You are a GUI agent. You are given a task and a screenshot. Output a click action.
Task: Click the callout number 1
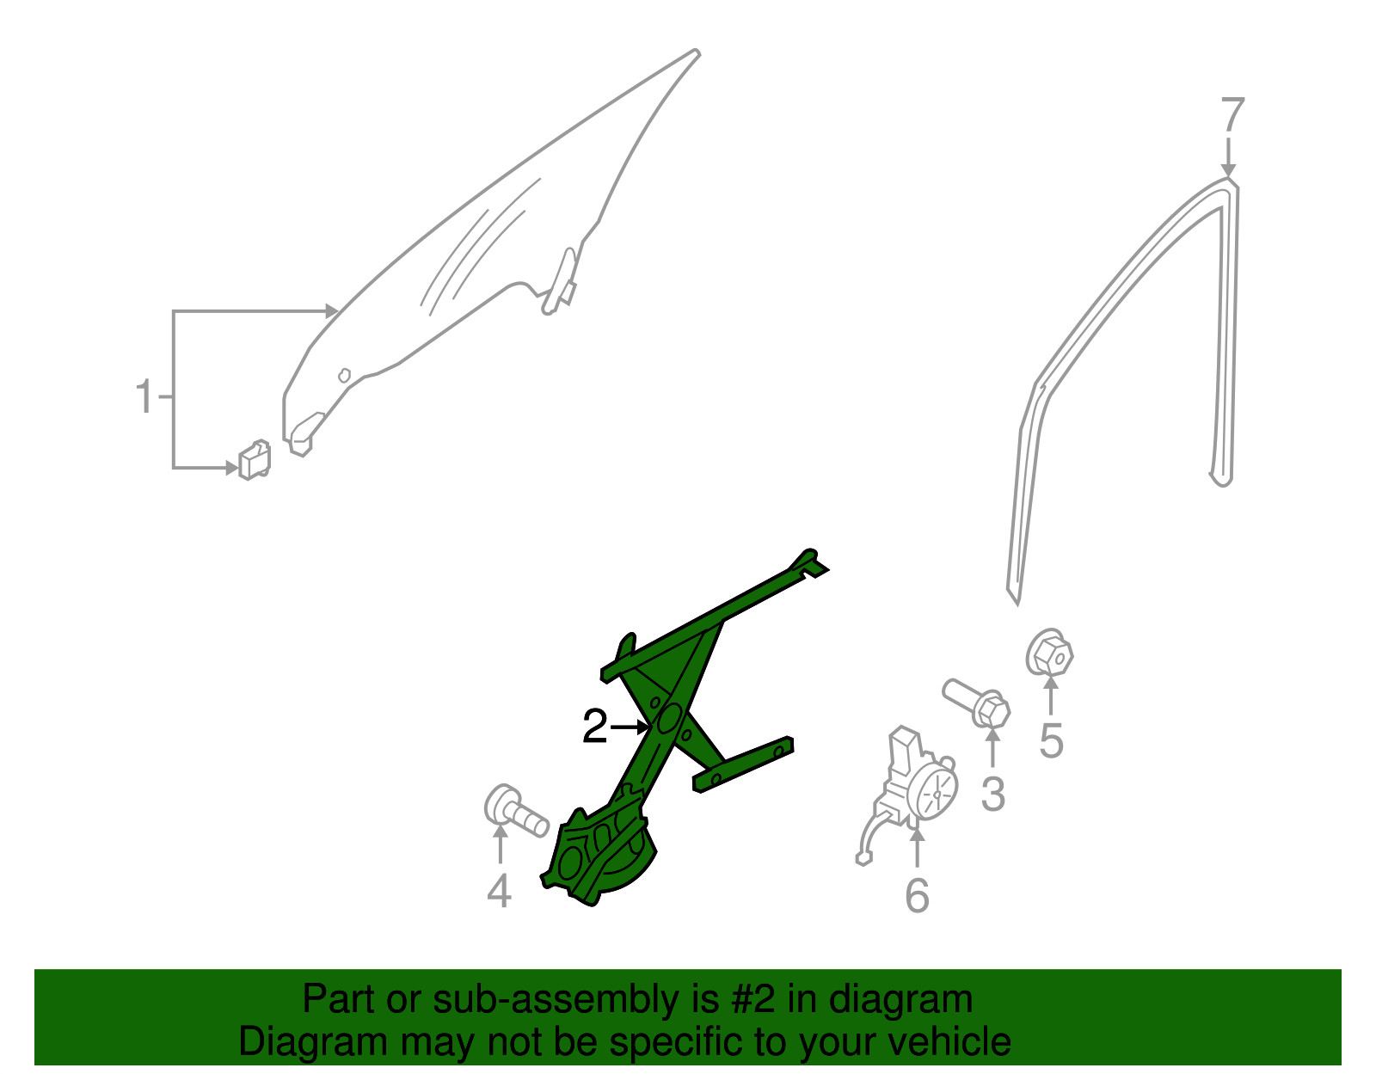coord(145,396)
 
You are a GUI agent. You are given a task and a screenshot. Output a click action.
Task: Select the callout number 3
coord(993,794)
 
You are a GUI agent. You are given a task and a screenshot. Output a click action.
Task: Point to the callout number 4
coord(499,891)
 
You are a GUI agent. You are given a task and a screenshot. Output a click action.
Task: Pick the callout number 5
coord(1051,740)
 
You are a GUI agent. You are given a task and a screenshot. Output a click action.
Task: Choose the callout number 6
coord(918,895)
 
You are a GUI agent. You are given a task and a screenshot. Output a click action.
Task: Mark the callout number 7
coord(1232,114)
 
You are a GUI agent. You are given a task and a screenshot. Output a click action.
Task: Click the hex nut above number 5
coord(1049,654)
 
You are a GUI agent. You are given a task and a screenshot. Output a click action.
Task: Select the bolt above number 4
coord(514,812)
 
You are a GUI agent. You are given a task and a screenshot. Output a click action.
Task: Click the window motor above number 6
coord(906,794)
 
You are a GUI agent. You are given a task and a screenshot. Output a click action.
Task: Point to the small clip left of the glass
coord(255,459)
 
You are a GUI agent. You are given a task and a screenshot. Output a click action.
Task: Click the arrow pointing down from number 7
coord(1228,157)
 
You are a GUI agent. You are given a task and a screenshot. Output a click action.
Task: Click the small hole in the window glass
coord(345,375)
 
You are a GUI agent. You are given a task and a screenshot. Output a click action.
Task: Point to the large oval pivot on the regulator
coord(669,720)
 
